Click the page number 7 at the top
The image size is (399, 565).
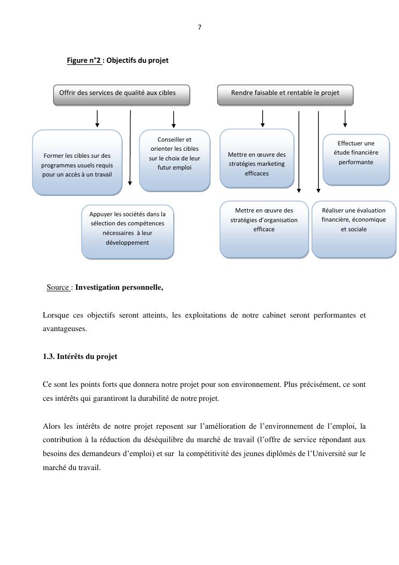[x=199, y=27]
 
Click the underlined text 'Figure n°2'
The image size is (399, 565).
[x=84, y=61]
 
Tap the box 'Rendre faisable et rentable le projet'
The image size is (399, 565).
[x=285, y=94]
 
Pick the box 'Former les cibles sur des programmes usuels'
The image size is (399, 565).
[x=77, y=162]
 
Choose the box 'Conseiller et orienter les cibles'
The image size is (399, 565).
[x=174, y=160]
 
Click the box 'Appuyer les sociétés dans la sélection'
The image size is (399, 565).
[x=128, y=231]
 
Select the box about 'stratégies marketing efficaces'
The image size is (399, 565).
[x=257, y=159]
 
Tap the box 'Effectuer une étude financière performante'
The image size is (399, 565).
[x=356, y=159]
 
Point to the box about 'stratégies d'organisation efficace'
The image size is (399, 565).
[x=264, y=229]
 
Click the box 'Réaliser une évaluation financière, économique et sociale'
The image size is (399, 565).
[x=353, y=229]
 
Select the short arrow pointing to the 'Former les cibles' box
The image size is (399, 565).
[x=97, y=119]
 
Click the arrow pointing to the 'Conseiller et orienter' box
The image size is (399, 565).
[x=173, y=119]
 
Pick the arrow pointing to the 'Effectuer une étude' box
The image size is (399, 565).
[x=345, y=119]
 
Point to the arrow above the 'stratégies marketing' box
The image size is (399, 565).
[x=262, y=119]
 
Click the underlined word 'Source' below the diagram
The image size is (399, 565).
[x=58, y=288]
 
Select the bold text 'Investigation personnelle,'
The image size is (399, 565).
[x=119, y=288]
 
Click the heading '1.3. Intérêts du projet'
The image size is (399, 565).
[x=80, y=356]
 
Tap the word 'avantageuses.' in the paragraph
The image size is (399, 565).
[x=65, y=329]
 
